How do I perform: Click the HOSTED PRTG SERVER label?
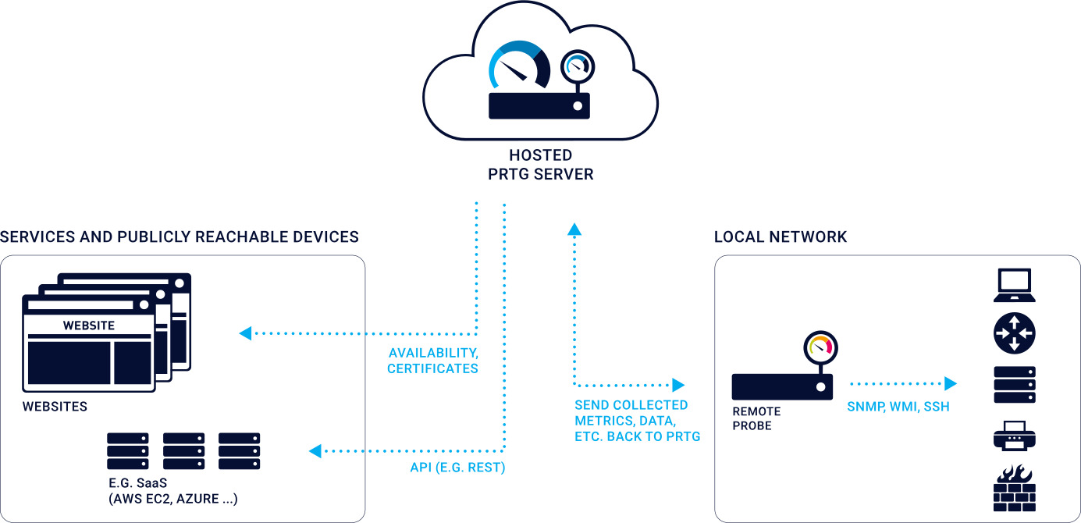tap(540, 165)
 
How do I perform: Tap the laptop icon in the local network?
tap(1014, 286)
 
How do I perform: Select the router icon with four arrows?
tap(1014, 333)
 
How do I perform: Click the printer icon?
tap(1014, 436)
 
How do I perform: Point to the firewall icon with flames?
tap(1014, 487)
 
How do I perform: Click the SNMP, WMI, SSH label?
tap(898, 406)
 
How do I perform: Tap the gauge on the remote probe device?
tap(820, 347)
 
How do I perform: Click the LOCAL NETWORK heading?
tap(781, 237)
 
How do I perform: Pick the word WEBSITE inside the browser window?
tap(88, 325)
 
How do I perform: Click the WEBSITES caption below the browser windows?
tap(55, 406)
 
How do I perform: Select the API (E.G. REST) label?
tap(457, 468)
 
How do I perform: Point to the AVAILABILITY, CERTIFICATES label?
tap(433, 360)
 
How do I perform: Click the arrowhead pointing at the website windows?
tap(245, 333)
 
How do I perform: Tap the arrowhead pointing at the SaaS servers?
tap(315, 450)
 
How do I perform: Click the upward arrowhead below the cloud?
tap(574, 228)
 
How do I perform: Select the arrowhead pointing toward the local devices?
tap(950, 383)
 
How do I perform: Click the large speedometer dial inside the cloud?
tap(518, 66)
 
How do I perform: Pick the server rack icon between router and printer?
tap(1014, 384)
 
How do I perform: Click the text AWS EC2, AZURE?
tap(174, 499)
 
